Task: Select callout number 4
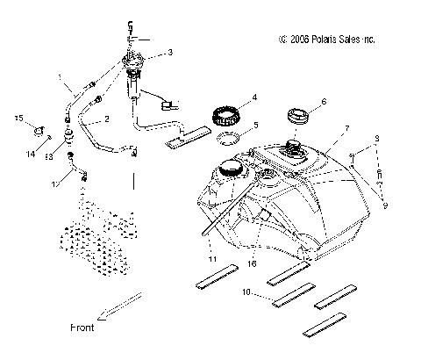click(x=253, y=97)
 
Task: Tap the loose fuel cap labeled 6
click(x=296, y=115)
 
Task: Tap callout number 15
click(x=17, y=118)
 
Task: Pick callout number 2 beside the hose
click(x=106, y=118)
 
